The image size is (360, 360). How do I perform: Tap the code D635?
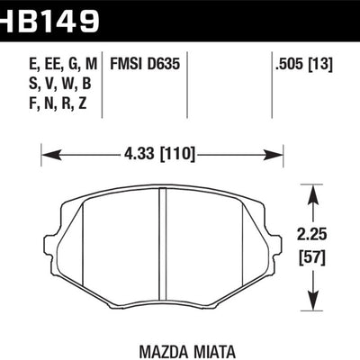pyautogui.click(x=162, y=64)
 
